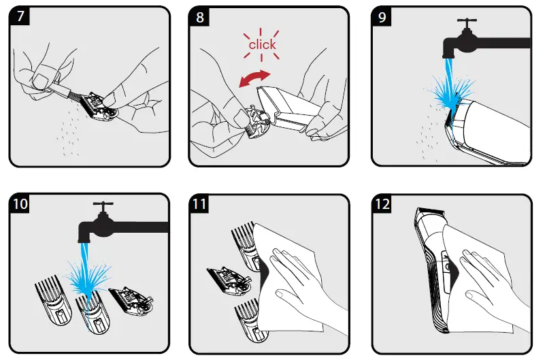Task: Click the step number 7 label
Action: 20,16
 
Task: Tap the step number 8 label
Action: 199,16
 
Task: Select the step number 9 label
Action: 382,16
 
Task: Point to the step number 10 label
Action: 20,203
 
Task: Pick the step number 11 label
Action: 199,203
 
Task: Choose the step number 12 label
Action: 382,203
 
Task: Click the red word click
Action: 262,45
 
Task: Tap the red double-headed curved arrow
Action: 254,78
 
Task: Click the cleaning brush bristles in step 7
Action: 75,93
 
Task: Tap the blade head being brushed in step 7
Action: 99,107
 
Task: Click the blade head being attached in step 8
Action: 257,121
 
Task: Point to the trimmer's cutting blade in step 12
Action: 431,210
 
